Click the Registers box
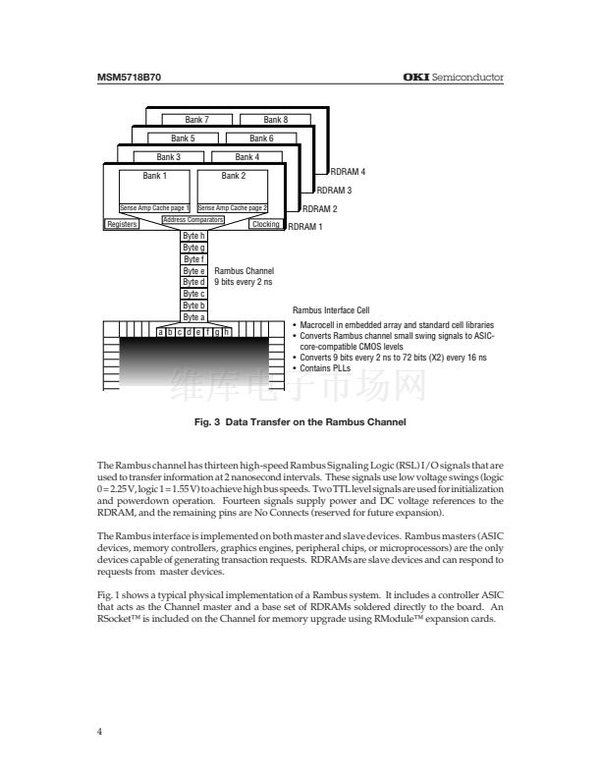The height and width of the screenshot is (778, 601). tap(122, 225)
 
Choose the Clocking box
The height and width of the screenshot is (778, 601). tap(265, 225)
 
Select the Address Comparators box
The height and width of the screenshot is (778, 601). tap(192, 219)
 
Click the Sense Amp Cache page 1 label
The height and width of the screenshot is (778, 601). tap(154, 208)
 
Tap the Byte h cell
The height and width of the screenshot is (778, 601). tap(193, 236)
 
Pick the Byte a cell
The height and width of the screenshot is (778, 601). tap(193, 317)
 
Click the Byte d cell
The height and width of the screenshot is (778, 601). tap(193, 282)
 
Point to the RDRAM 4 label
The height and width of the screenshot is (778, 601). tap(348, 171)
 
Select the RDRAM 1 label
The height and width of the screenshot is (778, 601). tap(304, 227)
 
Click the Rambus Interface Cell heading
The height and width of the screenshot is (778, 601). tap(338, 310)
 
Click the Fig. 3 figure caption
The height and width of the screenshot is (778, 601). tap(300, 421)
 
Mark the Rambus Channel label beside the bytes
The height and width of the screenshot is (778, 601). tap(244, 270)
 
